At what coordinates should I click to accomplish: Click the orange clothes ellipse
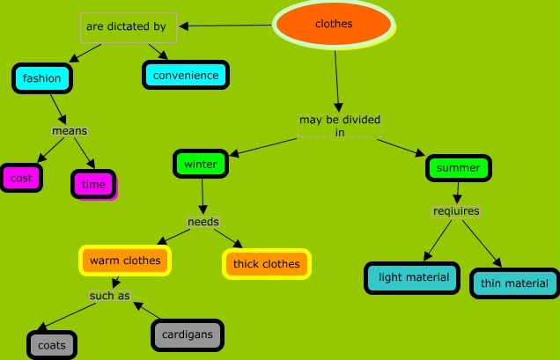tap(334, 25)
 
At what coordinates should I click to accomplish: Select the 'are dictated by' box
tap(129, 28)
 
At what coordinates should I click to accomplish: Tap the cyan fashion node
tap(42, 78)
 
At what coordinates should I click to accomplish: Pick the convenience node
tap(186, 75)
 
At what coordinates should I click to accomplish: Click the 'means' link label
tap(70, 131)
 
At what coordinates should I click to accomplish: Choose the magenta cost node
tap(21, 178)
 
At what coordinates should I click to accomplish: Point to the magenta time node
tap(93, 184)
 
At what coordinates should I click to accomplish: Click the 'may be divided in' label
tap(340, 126)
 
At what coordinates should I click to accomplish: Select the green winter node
tap(201, 164)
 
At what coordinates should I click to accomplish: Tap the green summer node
tap(459, 168)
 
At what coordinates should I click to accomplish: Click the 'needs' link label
tap(203, 222)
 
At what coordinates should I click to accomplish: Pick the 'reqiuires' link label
tap(456, 211)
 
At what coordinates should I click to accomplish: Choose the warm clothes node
tap(125, 261)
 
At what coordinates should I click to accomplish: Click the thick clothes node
tap(267, 264)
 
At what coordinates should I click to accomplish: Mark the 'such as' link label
tap(110, 296)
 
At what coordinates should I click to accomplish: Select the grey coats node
tap(52, 345)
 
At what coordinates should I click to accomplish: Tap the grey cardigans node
tap(188, 335)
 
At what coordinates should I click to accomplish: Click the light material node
tap(412, 278)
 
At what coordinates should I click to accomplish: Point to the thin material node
tap(514, 283)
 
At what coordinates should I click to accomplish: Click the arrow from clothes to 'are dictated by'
tap(225, 26)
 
